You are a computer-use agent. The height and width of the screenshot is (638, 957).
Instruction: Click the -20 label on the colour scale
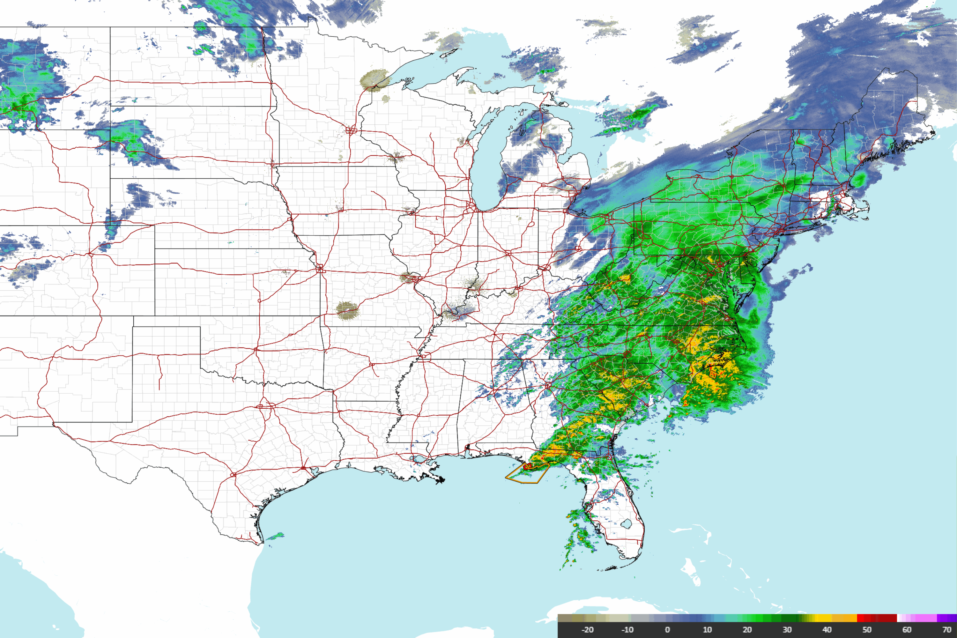[x=587, y=629]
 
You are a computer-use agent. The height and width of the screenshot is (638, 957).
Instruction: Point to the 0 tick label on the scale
[x=667, y=629]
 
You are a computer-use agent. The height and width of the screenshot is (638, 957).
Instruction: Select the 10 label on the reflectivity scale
[x=707, y=629]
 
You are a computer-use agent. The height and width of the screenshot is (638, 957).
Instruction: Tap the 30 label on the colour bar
[x=787, y=629]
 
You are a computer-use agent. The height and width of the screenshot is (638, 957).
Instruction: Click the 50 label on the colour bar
[x=867, y=629]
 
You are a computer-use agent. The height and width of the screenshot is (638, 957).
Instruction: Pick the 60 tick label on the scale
[x=907, y=629]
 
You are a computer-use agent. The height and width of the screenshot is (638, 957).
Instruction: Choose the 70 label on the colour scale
[x=946, y=629]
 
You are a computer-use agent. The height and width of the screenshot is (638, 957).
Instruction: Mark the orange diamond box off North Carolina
[x=712, y=373]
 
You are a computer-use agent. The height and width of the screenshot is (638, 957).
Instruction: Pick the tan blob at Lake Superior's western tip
[x=374, y=80]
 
